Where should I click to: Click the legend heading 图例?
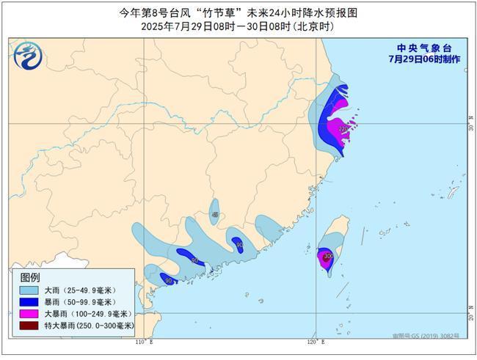pos(30,277)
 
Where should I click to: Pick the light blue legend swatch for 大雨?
pos(29,290)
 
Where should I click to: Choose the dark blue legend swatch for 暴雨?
pos(29,302)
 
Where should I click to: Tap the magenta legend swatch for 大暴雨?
pos(29,313)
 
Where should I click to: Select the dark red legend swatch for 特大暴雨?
pos(29,325)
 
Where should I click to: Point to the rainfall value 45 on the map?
pos(214,215)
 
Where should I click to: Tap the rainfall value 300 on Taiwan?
pos(327,256)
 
